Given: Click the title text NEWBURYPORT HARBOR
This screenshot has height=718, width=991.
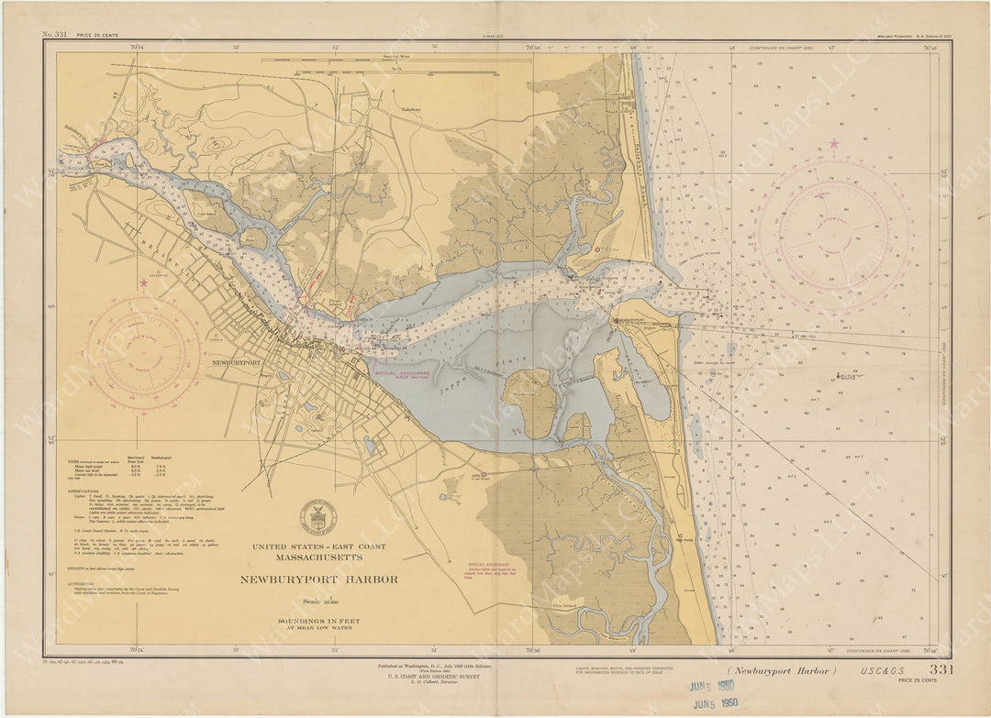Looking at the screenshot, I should [318, 580].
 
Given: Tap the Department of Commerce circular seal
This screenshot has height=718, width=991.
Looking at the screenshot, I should [317, 518].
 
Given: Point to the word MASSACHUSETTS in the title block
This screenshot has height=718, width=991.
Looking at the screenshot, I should [318, 558].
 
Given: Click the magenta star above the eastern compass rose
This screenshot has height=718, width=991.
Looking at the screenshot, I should [834, 144].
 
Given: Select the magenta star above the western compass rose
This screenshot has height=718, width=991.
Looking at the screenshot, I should [143, 284].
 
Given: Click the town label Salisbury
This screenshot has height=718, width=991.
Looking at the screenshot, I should [411, 108].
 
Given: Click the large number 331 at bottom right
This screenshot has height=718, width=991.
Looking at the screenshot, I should [941, 669].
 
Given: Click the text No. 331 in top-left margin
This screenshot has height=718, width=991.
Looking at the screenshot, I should [54, 35].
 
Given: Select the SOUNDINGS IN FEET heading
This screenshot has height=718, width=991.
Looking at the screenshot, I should [318, 621].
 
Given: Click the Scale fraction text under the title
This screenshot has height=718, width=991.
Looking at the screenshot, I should [318, 602].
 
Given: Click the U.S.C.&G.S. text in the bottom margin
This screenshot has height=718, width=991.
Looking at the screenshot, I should [885, 671].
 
